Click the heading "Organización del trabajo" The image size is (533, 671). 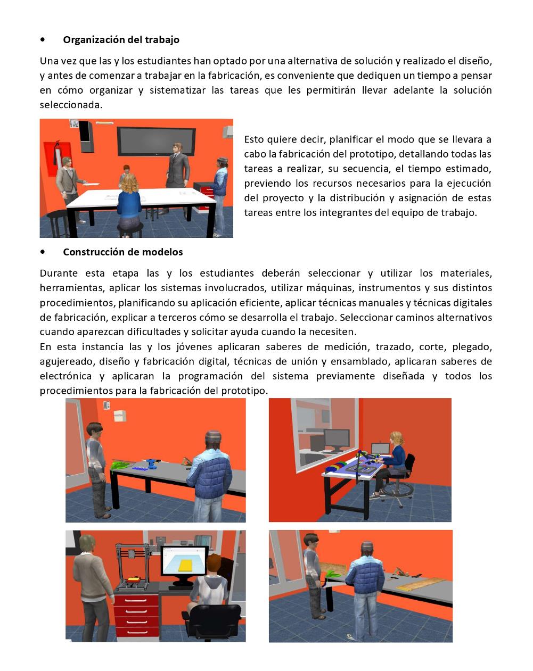121,40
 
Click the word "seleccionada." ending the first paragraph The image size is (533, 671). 71,105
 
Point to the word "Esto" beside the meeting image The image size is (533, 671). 253,139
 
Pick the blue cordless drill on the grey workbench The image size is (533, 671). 152,464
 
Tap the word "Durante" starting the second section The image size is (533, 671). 59,274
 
